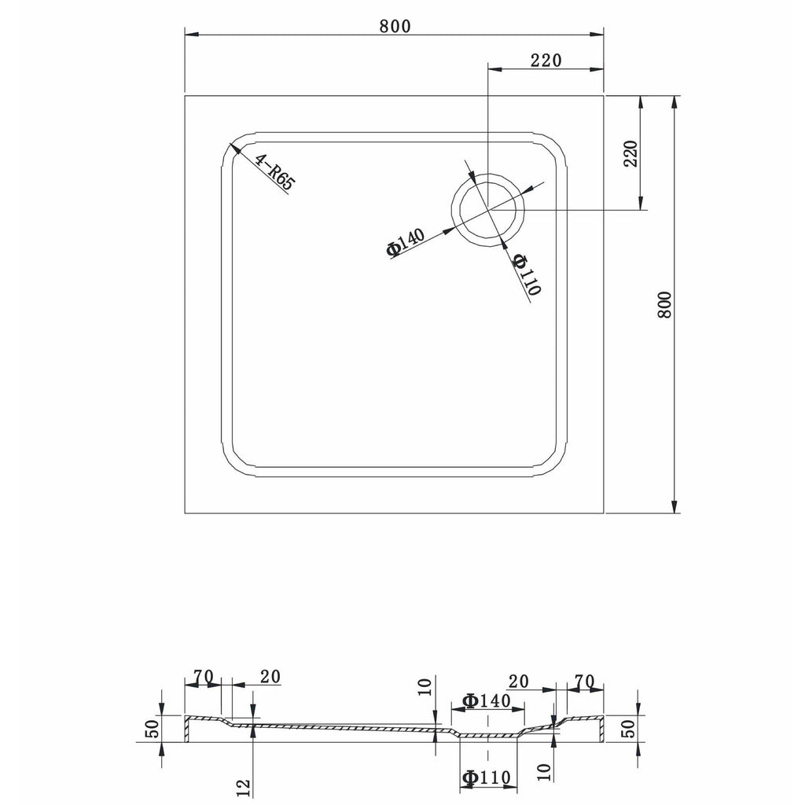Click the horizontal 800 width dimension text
[x=395, y=26]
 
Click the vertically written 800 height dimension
[x=664, y=304]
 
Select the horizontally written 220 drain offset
[x=546, y=60]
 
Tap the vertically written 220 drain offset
[x=630, y=153]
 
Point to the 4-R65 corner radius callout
[x=274, y=173]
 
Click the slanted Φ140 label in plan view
[x=406, y=241]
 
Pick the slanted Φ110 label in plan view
[x=527, y=274]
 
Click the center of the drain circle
[x=487, y=210]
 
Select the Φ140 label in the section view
[x=487, y=700]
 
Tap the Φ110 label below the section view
[x=487, y=777]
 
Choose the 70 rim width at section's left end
[x=203, y=677]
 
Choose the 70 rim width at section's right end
[x=584, y=682]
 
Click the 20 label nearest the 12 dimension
[x=270, y=677]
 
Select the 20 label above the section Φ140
[x=518, y=682]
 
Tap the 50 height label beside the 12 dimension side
[x=153, y=729]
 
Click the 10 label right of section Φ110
[x=545, y=772]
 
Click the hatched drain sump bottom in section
[x=487, y=737]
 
